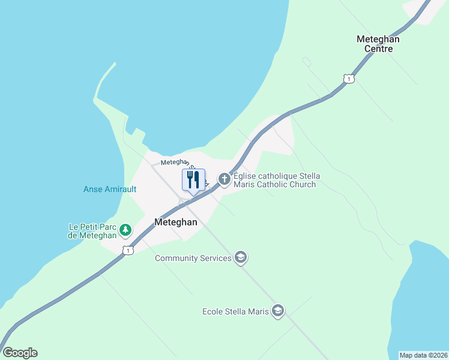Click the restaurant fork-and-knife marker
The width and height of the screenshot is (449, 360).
pos(193,180)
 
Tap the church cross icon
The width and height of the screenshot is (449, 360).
pos(224,179)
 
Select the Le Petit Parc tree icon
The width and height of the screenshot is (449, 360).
pos(125,229)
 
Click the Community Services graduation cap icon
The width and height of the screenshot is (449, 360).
pos(241,258)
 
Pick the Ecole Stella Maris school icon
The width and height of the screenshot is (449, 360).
pos(277,311)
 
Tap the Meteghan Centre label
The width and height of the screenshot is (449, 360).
pos(378,44)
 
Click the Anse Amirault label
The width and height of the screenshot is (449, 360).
pos(110,190)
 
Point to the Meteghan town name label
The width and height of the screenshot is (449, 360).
pos(176,221)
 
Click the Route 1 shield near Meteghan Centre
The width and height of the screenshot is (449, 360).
pos(349,79)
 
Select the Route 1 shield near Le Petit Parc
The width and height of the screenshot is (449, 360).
pos(127,250)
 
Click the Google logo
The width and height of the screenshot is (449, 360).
pos(20,353)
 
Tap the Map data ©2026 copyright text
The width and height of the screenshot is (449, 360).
pos(423,355)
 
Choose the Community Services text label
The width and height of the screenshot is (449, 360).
pos(193,259)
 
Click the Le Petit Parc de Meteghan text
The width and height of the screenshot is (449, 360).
pos(93,231)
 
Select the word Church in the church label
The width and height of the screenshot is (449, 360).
pos(302,185)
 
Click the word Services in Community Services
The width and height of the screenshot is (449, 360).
pos(215,259)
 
